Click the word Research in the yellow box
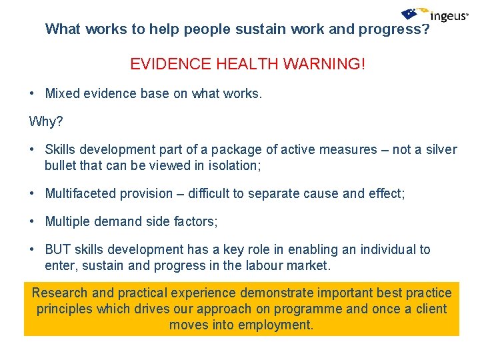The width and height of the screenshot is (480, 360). [59, 293]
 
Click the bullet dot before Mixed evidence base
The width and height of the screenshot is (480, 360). [33, 94]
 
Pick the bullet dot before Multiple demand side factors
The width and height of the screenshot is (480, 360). [33, 221]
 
